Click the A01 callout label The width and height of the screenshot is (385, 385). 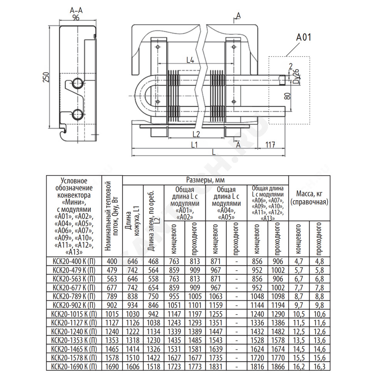tap(303, 37)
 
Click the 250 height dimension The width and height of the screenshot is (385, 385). tap(46, 77)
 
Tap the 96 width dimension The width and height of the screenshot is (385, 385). tap(76, 18)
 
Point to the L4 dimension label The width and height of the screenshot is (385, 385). tap(190, 60)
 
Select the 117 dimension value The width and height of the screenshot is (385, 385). tap(270, 145)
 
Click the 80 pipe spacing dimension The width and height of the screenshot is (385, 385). tap(287, 96)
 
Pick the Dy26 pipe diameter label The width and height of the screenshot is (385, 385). tap(296, 76)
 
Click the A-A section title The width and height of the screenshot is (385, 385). tap(76, 10)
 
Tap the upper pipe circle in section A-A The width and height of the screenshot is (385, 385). tap(78, 83)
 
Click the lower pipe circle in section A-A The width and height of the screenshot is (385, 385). tap(78, 114)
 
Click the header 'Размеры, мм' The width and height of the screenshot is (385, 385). tap(205, 180)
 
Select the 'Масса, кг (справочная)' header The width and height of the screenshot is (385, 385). tap(309, 198)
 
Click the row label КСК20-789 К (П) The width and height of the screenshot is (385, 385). tap(74, 296)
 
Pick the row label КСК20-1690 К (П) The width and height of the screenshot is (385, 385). tap(74, 367)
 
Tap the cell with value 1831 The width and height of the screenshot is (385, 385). tap(216, 367)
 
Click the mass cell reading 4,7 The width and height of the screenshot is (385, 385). tap(299, 261)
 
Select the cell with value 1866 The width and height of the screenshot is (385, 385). tap(278, 367)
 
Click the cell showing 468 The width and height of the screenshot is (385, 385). tap(153, 261)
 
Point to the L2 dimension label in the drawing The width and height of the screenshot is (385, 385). tap(196, 134)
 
